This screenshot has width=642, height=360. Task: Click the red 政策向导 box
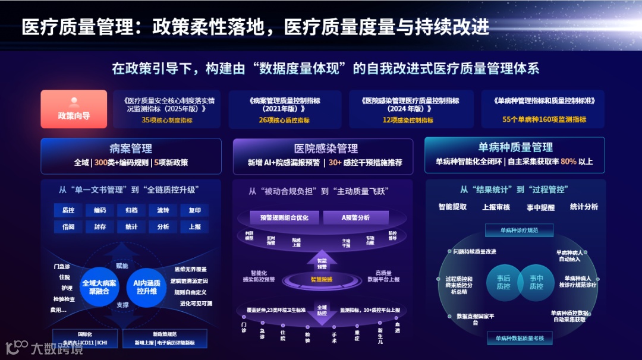74,109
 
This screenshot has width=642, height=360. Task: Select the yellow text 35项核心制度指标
166,120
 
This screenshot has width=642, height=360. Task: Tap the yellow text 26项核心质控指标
284,120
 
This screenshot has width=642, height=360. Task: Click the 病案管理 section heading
131,149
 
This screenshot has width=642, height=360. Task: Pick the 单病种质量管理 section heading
515,147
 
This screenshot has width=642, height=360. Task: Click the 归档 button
131,210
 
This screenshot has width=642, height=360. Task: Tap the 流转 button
163,210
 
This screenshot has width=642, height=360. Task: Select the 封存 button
99,227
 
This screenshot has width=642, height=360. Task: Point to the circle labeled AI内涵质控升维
145,288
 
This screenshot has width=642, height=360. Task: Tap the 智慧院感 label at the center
322,279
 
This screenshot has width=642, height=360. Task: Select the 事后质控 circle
503,282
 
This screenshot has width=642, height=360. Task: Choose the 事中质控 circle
536,282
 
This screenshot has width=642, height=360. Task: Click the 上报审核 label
496,207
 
